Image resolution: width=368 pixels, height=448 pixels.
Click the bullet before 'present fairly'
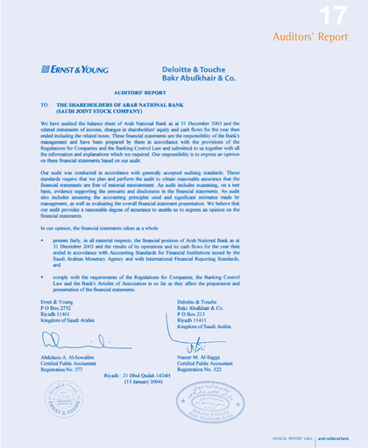tap(42, 236)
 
